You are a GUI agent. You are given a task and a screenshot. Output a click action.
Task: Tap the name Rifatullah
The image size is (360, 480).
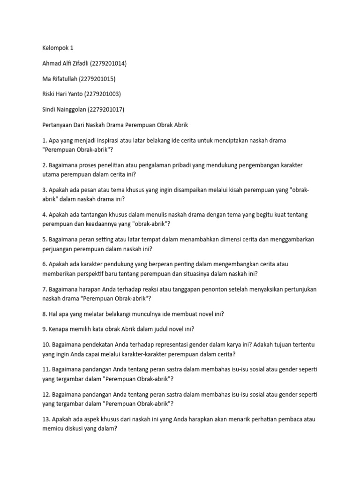64,79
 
